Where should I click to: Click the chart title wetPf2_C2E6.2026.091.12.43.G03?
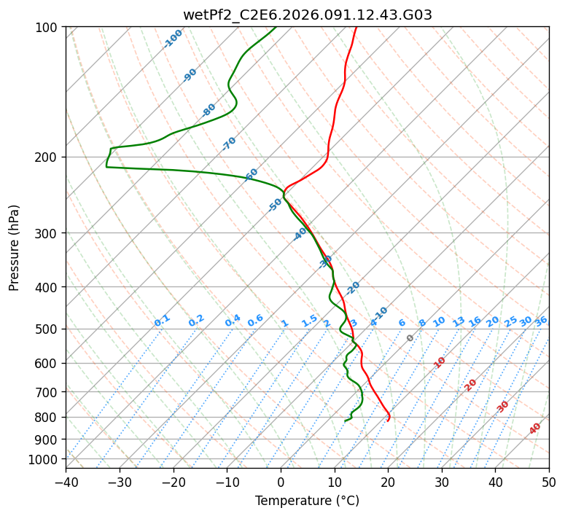(x=307, y=15)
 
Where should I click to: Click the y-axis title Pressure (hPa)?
(x=15, y=248)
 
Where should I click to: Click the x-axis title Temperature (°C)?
(x=307, y=501)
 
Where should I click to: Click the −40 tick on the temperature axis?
(x=66, y=482)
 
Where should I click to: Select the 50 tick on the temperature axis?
(x=549, y=482)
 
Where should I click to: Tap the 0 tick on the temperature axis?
(x=281, y=482)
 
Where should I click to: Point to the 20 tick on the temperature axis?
(x=388, y=482)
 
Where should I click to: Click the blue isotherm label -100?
(x=173, y=39)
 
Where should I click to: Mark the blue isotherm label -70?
(x=229, y=144)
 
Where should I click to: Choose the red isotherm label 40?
(x=535, y=429)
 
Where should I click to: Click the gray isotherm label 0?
(x=410, y=338)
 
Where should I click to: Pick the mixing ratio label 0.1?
(x=163, y=321)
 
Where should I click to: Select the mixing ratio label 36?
(x=541, y=321)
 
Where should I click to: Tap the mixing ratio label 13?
(x=459, y=321)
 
